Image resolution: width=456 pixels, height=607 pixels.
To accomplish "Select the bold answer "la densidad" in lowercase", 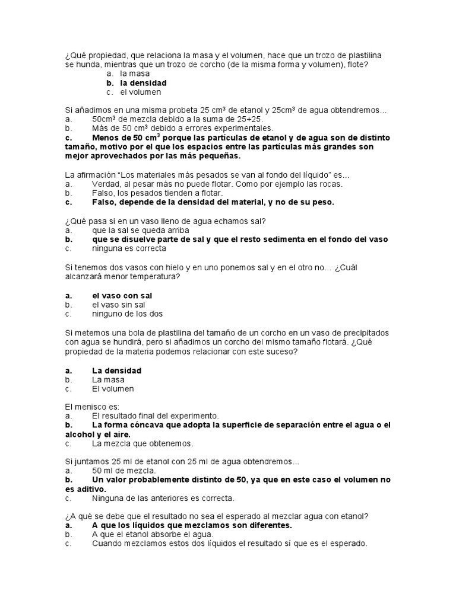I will (143, 83).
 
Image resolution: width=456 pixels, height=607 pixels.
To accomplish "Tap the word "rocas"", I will (331, 184).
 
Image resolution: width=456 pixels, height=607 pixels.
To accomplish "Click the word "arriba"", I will (178, 230).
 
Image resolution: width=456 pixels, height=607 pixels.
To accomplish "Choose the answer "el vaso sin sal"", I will (119, 304).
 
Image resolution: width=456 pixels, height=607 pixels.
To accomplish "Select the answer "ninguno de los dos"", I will (127, 314).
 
